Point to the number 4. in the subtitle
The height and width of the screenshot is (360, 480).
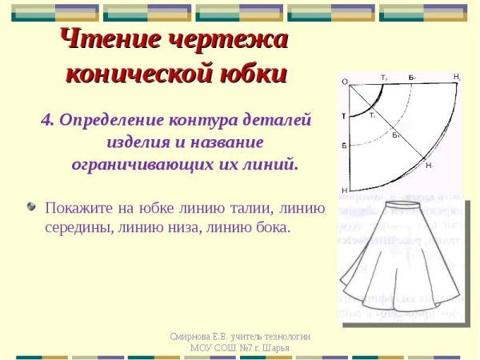[x=48, y=120]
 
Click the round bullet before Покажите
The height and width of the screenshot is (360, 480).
[x=31, y=206]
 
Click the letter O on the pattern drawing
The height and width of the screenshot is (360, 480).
[x=344, y=82]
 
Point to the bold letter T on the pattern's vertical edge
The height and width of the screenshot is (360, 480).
[x=343, y=117]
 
